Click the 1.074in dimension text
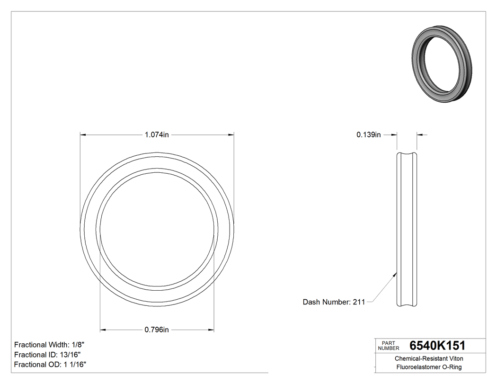click(x=157, y=135)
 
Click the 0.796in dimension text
click(x=157, y=330)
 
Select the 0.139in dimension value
click(x=368, y=135)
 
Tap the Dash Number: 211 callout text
click(x=334, y=302)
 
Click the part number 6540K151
click(x=437, y=346)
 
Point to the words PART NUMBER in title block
click(x=389, y=346)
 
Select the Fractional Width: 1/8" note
click(x=50, y=345)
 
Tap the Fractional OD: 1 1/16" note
click(x=50, y=365)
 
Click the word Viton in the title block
click(x=455, y=359)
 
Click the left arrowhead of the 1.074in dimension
click(x=83, y=135)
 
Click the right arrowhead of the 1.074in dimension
click(x=231, y=135)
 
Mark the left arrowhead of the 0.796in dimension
click(x=103, y=330)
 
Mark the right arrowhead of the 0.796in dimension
click(x=211, y=330)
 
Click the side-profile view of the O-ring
click(x=407, y=230)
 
